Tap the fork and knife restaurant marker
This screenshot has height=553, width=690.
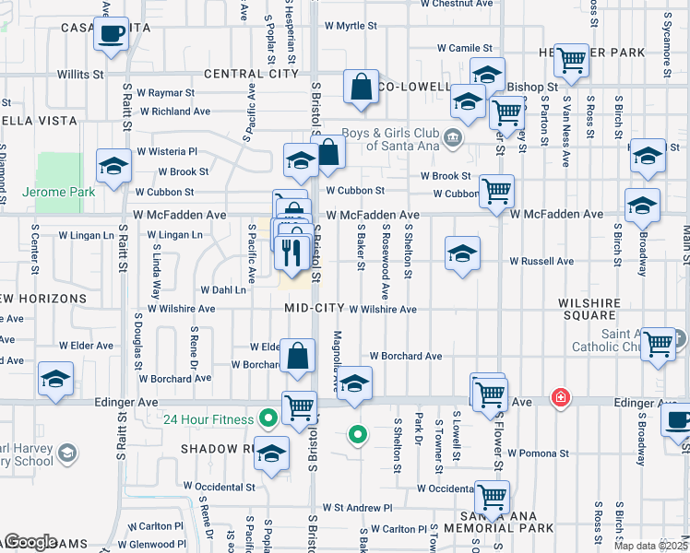tap(292, 252)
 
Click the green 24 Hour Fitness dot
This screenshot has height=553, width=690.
tap(268, 419)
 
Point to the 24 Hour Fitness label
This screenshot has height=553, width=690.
tap(208, 420)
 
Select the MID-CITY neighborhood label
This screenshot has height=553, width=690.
tap(315, 308)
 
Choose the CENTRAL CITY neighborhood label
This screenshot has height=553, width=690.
tap(252, 73)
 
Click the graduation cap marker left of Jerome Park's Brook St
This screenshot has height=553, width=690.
tap(114, 166)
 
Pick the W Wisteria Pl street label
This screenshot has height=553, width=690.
tap(167, 151)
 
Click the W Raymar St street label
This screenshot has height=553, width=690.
tap(165, 93)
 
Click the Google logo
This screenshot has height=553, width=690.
tap(31, 542)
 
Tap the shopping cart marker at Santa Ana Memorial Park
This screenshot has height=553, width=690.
tap(492, 497)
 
